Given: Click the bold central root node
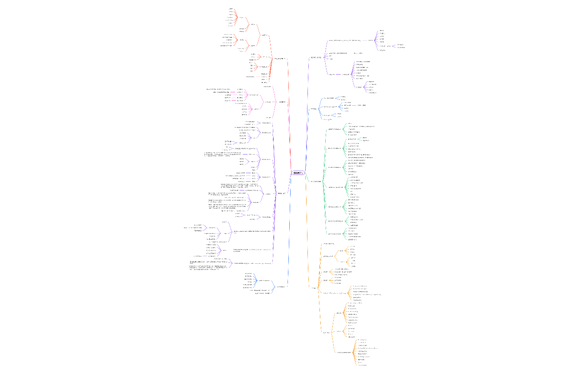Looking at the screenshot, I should point(298,173).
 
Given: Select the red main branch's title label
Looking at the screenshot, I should point(280,59).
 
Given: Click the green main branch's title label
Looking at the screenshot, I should point(315,181).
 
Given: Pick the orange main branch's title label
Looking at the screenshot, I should point(314,288).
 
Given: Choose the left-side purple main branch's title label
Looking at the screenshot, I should point(281,193).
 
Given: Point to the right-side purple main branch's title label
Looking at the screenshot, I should point(316,57).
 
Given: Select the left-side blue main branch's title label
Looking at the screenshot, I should point(281,287).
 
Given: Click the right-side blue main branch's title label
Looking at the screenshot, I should point(314,109).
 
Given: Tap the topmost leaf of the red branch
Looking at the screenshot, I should point(231,9).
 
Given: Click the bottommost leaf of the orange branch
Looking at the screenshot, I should point(362,365).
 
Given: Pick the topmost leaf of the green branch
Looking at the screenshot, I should point(350,123).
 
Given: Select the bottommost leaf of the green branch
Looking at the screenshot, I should point(355,239).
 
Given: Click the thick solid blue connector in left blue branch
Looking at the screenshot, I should point(262,294).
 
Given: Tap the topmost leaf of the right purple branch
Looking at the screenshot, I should point(382,31).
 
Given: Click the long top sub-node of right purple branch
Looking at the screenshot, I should point(344,40).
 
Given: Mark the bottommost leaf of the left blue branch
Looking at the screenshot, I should point(256,294).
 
